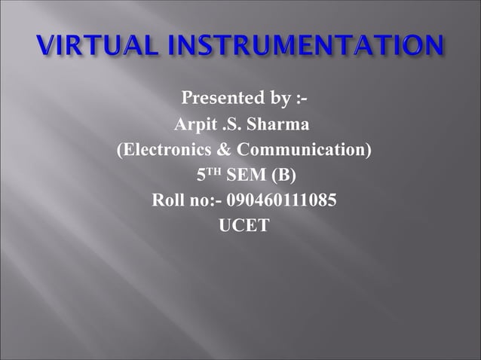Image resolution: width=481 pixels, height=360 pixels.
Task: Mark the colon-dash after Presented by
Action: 297,98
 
